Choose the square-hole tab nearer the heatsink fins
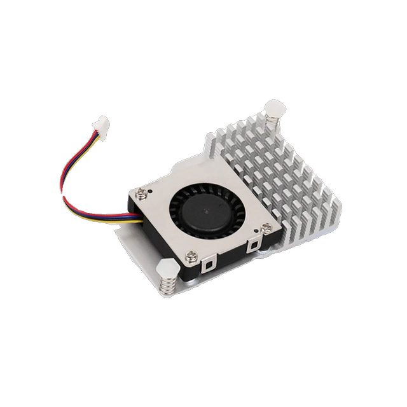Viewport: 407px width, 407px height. [253, 242]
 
